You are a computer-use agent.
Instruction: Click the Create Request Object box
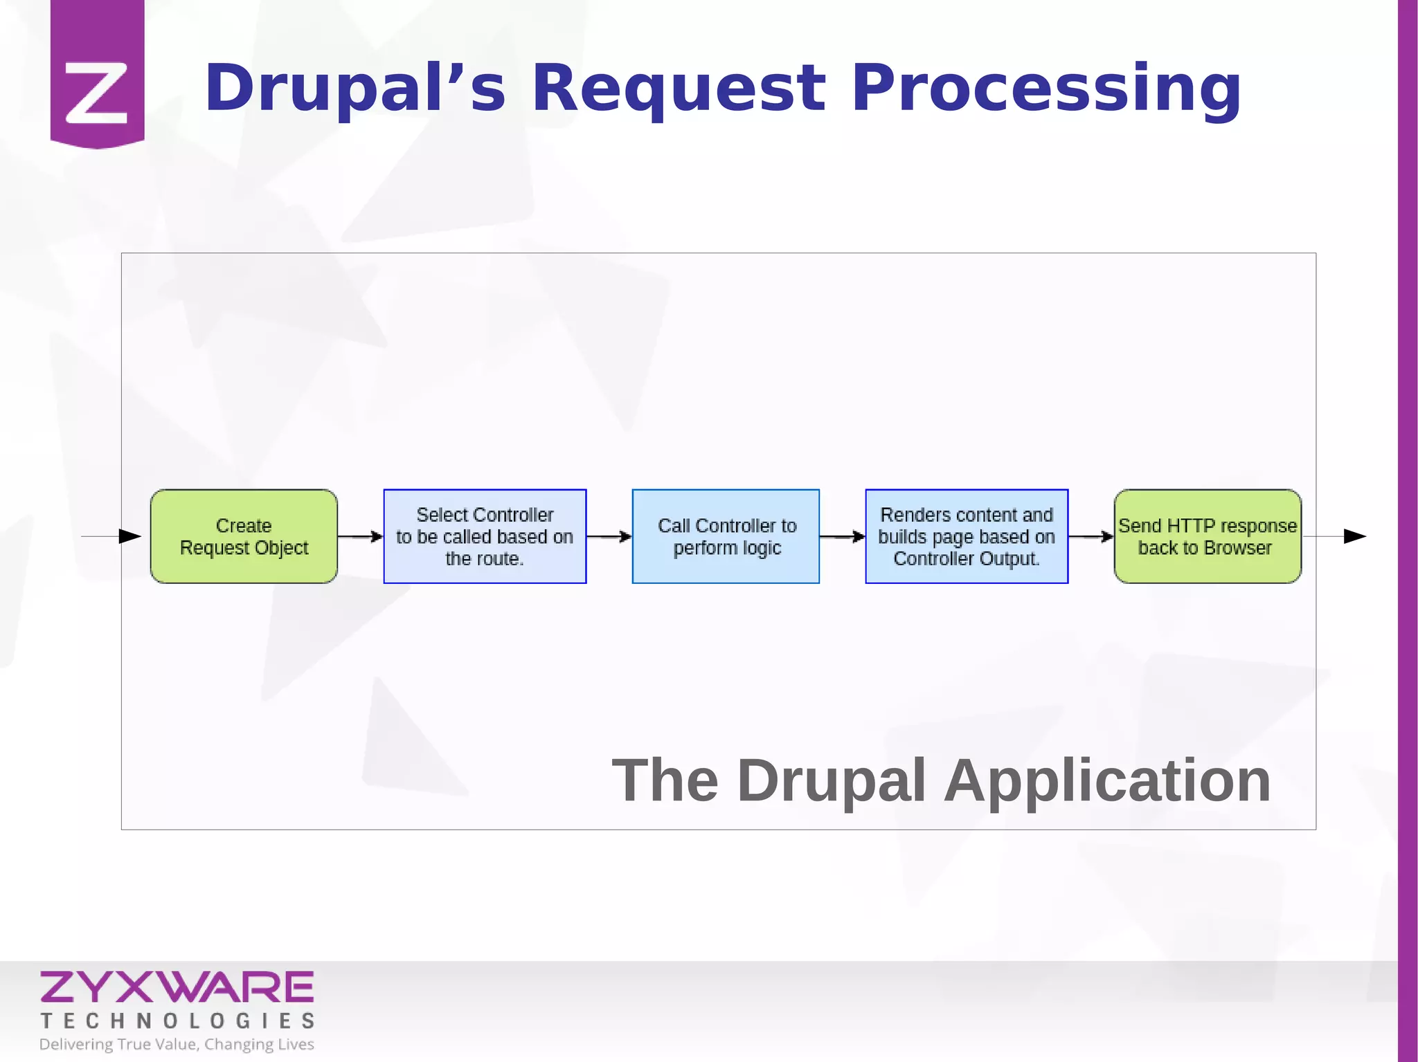[x=244, y=536]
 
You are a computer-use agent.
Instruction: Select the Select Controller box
[x=485, y=536]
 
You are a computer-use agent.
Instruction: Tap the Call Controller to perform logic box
[x=726, y=536]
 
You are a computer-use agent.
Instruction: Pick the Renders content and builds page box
[x=967, y=536]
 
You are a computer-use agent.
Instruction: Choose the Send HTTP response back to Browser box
[x=1208, y=536]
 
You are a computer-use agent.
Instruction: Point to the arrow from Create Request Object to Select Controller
[x=361, y=536]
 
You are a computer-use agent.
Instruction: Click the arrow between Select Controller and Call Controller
[x=609, y=536]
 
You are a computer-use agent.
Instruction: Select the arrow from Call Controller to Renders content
[x=843, y=536]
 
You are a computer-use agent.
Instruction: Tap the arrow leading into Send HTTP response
[x=1091, y=536]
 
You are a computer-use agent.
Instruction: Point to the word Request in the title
[x=679, y=89]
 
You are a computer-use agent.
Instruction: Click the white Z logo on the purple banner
[x=97, y=93]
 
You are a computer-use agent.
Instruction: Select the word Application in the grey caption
[x=1107, y=780]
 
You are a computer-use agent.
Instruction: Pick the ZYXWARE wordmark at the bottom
[x=177, y=987]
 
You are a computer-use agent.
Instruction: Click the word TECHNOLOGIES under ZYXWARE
[x=177, y=1020]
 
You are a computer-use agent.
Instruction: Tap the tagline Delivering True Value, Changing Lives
[x=177, y=1044]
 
